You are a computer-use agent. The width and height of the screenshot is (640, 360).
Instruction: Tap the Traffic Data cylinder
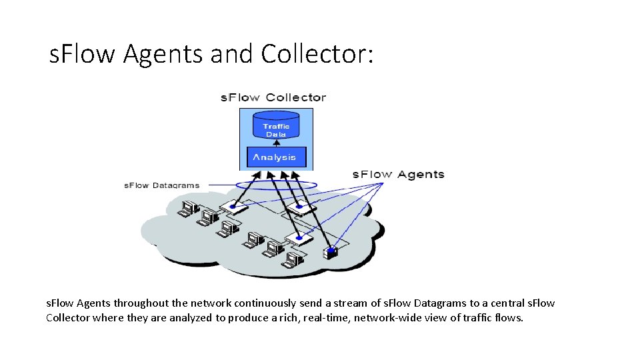click(x=276, y=127)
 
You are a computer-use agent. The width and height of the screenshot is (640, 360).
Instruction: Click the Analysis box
click(x=276, y=157)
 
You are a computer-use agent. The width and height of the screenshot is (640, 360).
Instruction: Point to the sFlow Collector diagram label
click(x=273, y=97)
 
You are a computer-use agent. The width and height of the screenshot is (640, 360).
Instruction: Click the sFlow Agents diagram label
click(x=398, y=175)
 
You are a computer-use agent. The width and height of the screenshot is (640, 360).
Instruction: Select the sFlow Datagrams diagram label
click(x=161, y=185)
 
